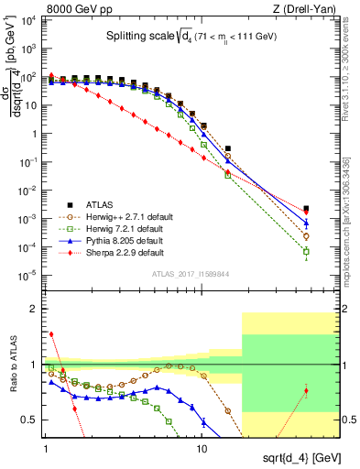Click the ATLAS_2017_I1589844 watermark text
(190, 272)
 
